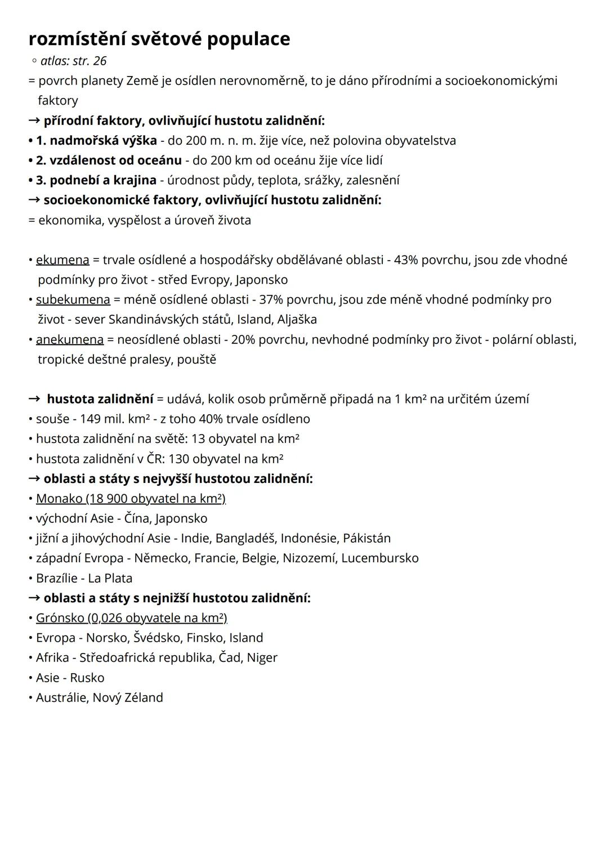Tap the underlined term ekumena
[62, 260]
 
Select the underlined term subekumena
[73, 299]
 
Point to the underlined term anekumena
[70, 339]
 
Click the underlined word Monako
[59, 499]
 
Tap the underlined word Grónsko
[60, 618]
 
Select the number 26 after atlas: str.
[99, 61]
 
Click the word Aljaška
[297, 320]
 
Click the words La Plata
[110, 578]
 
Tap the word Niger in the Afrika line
[262, 657]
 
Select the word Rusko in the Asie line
[87, 678]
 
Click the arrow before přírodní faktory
[34, 120]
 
